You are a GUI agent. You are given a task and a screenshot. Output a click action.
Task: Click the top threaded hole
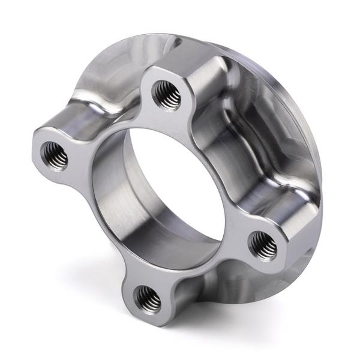163,92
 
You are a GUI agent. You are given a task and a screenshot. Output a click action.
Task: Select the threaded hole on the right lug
262,244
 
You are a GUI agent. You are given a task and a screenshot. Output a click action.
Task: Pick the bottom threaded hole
146,297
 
